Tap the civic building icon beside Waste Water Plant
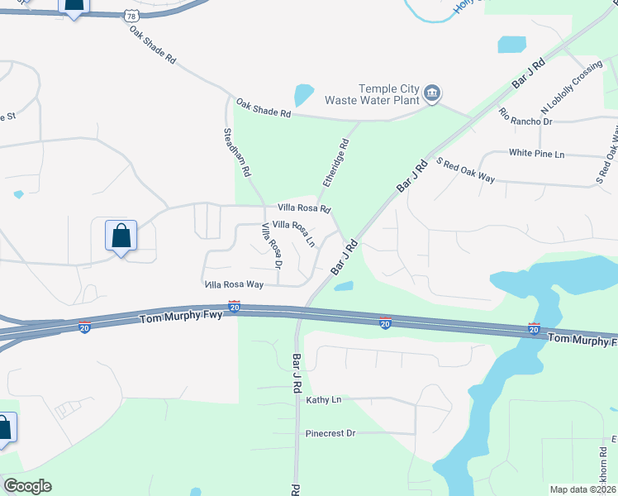[432, 94]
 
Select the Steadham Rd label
[236, 154]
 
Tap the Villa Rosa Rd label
[304, 208]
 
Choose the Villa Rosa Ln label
[294, 232]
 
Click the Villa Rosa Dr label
[272, 246]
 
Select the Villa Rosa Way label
[234, 284]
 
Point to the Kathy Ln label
[324, 400]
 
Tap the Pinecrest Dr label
[330, 433]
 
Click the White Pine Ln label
[536, 154]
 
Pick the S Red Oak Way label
[465, 171]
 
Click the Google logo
[27, 486]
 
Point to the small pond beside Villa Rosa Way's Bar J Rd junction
[344, 287]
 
